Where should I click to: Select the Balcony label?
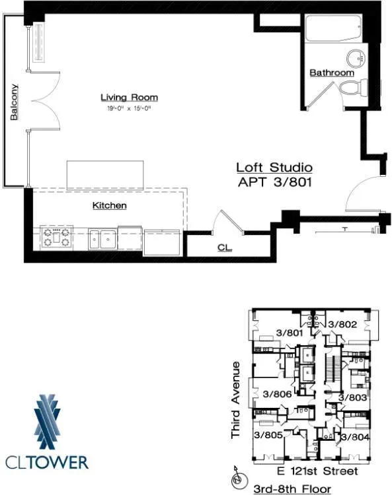click(14, 102)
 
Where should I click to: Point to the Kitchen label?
click(109, 206)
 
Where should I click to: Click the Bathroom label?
click(332, 73)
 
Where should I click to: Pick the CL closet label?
click(224, 247)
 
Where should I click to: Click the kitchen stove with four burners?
click(57, 237)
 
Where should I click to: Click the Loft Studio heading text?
click(274, 168)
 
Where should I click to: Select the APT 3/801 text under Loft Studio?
click(274, 181)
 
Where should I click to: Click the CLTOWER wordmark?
click(46, 461)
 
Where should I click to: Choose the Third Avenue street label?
click(236, 400)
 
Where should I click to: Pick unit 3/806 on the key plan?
click(277, 394)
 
